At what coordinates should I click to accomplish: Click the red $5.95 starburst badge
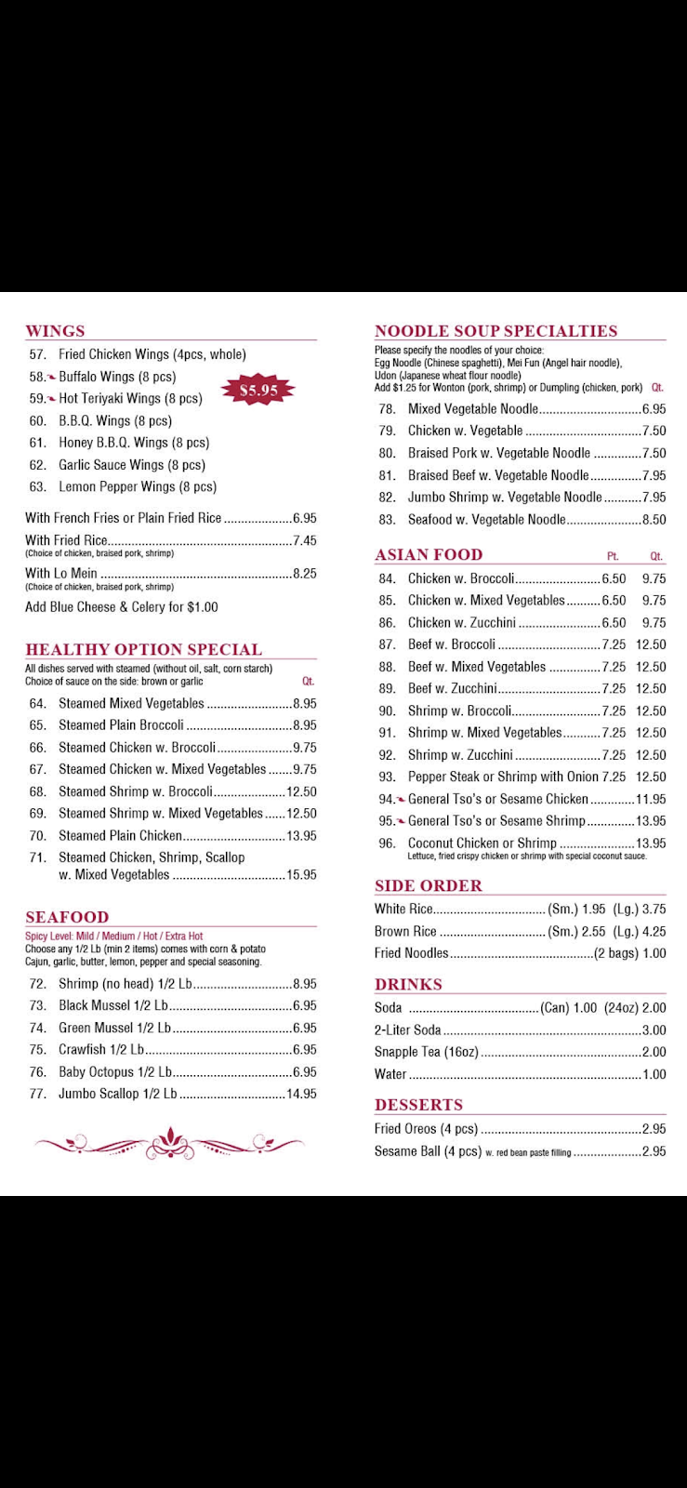(x=258, y=391)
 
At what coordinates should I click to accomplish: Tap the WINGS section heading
(x=55, y=331)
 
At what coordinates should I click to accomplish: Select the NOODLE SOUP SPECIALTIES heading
(x=495, y=331)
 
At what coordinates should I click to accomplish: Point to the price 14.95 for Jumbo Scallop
(x=301, y=1095)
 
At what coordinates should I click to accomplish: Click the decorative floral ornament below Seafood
(x=169, y=1143)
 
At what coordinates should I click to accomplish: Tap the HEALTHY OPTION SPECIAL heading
(x=143, y=649)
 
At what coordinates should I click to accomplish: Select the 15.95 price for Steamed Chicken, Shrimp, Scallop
(x=301, y=875)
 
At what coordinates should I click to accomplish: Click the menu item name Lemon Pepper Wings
(x=137, y=487)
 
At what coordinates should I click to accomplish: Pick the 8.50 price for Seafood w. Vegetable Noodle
(x=654, y=520)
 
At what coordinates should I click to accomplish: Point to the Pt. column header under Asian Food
(x=613, y=556)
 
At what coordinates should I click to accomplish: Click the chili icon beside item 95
(x=401, y=821)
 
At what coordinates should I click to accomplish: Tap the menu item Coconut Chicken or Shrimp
(x=482, y=844)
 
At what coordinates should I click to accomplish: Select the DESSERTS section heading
(x=418, y=1105)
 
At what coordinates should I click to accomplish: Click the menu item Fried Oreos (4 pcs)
(x=426, y=1129)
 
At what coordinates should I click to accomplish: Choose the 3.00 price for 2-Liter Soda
(x=654, y=1030)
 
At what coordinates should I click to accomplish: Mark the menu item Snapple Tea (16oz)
(x=426, y=1053)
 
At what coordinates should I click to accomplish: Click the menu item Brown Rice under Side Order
(x=405, y=931)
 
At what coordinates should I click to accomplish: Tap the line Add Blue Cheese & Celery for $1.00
(x=121, y=607)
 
